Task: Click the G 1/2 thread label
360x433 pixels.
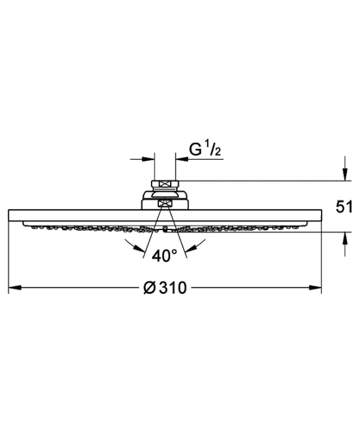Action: tap(205, 150)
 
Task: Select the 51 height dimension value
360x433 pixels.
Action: tap(344, 207)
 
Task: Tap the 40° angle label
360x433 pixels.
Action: tap(165, 255)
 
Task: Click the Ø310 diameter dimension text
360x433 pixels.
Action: tap(165, 288)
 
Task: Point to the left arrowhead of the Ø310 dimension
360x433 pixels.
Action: tap(15, 288)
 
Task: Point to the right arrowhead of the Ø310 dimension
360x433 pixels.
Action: tap(315, 288)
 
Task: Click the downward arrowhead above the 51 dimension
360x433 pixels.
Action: tap(345, 174)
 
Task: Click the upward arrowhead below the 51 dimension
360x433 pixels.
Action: tap(345, 238)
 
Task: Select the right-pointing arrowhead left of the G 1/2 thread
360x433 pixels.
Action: tap(148, 159)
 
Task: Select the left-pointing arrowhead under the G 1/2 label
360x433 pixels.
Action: tap(182, 159)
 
